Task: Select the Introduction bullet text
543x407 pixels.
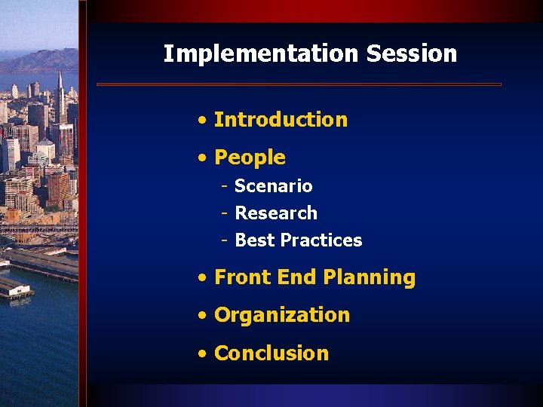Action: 281,120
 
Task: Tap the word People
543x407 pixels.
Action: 250,158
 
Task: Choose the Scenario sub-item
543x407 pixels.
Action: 273,186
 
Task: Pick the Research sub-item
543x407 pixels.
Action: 276,213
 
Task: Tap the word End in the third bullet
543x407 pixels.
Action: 295,277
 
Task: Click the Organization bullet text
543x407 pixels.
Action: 282,315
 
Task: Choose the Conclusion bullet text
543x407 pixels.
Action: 271,353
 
